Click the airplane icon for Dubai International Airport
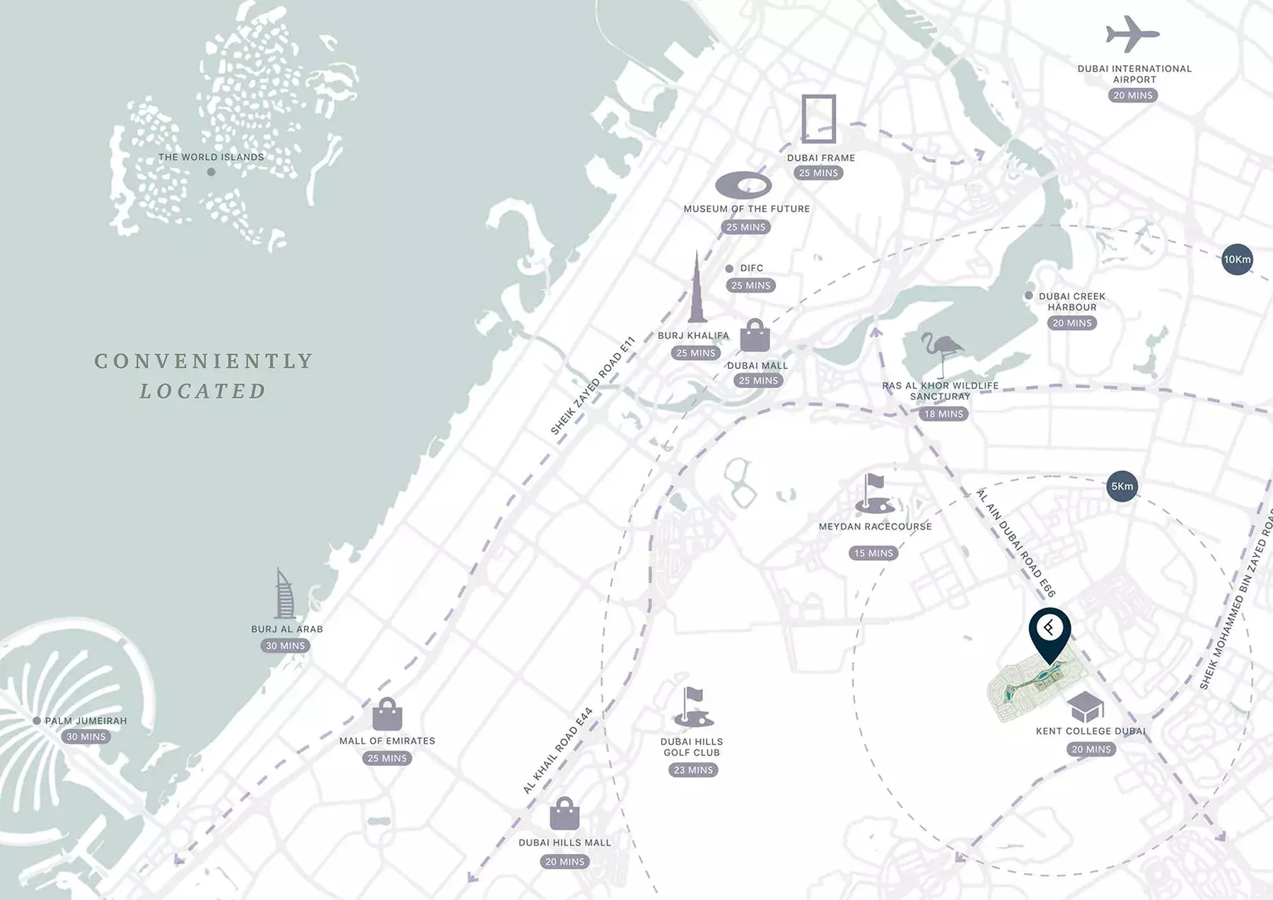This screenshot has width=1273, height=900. (1132, 34)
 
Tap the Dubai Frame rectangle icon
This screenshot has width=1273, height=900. (819, 119)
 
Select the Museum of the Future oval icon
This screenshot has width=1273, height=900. (743, 186)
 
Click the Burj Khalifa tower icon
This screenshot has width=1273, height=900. (697, 290)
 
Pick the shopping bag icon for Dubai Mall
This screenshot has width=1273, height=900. (755, 336)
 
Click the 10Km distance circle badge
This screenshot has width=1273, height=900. (1237, 259)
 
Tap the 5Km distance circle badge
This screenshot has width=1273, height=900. (1122, 486)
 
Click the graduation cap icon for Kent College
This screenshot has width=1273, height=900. (1085, 707)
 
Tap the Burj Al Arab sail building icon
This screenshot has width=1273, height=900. (284, 595)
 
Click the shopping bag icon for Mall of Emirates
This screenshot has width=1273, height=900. (387, 715)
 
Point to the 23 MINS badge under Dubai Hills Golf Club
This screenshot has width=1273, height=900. (693, 770)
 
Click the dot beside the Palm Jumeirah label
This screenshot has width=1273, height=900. (37, 721)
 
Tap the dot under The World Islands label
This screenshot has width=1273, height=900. (211, 172)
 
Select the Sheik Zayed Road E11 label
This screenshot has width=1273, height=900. (593, 386)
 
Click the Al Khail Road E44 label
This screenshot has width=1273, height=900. (557, 751)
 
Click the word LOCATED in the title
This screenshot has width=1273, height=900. (203, 391)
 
